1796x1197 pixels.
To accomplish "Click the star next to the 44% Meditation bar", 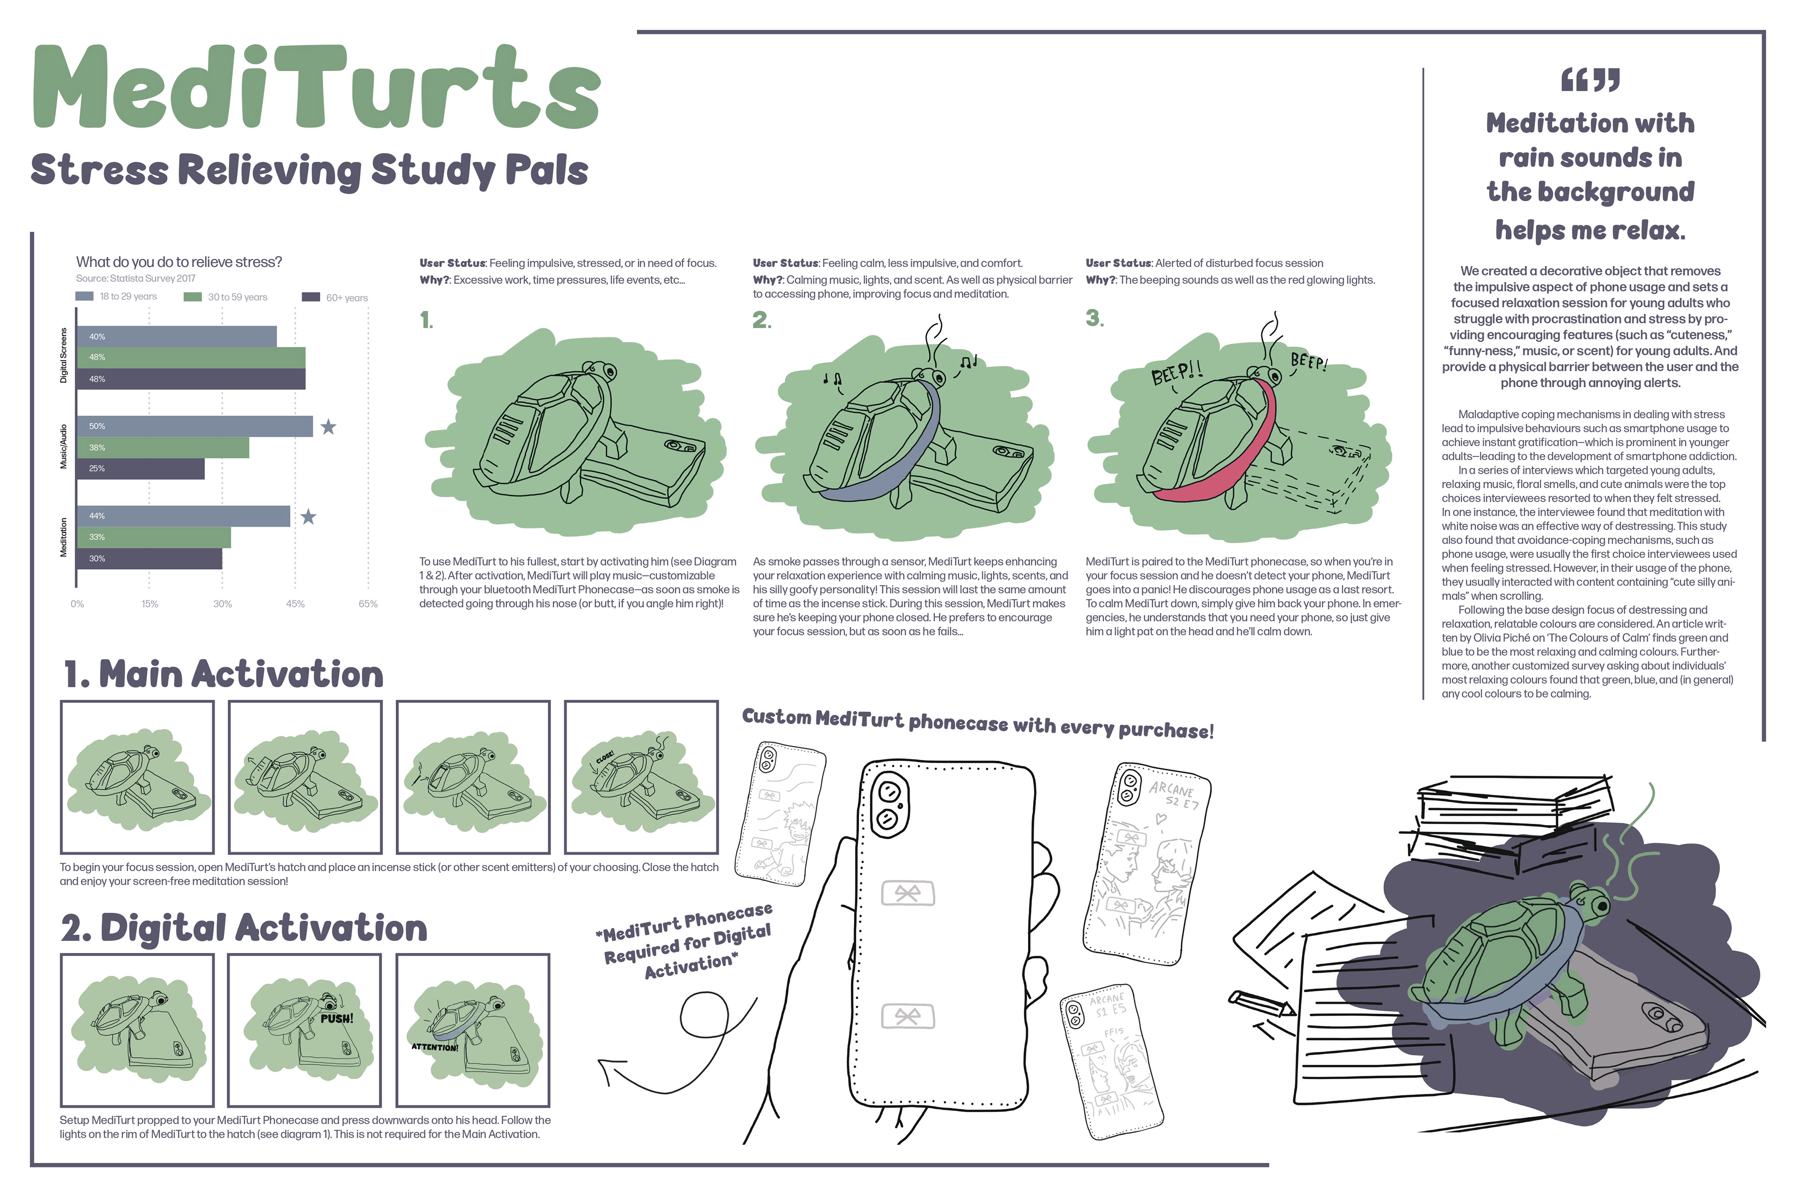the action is pos(309,517).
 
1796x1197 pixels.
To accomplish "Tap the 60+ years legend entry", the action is pos(336,298).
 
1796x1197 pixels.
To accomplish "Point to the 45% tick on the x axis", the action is pos(296,604).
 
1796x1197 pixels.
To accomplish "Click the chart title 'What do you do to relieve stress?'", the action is pos(179,262).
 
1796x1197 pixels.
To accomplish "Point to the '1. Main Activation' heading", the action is pos(223,675).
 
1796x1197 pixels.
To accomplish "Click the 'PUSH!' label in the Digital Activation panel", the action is pos(337,1018).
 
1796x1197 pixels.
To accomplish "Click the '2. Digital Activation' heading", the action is pos(244,928).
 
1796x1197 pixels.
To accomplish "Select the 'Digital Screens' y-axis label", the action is pos(64,356).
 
